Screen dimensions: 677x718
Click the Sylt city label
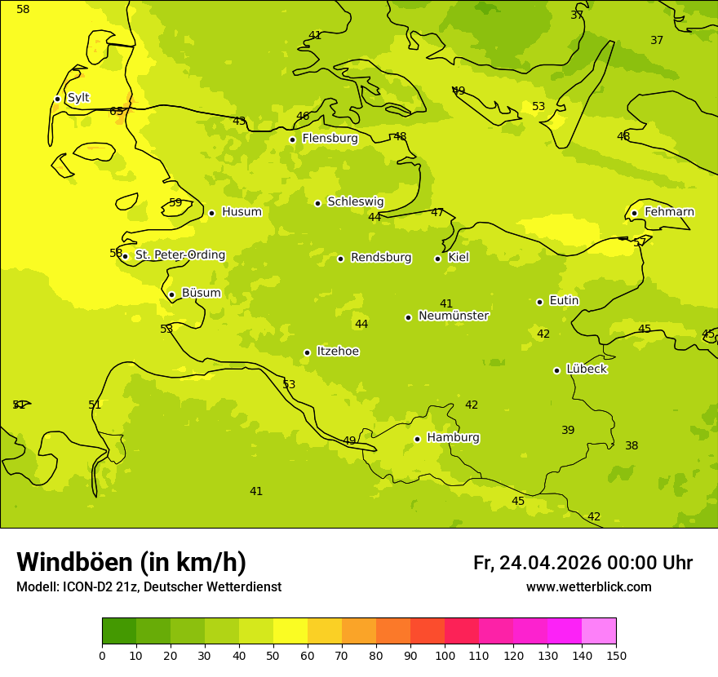(x=78, y=98)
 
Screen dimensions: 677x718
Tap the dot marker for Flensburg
(x=292, y=139)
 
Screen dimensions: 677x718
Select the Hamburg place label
(x=453, y=438)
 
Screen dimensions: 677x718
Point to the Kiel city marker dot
(x=437, y=259)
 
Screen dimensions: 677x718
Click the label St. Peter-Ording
(x=179, y=255)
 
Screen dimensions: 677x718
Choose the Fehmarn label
(x=669, y=212)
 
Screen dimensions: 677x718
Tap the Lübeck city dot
(x=556, y=370)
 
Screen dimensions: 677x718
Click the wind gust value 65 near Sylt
(x=117, y=112)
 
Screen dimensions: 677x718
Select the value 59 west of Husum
(x=175, y=202)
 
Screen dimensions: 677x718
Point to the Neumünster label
(x=453, y=316)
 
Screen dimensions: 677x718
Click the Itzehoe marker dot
(x=307, y=352)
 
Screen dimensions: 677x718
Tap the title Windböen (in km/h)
(x=131, y=562)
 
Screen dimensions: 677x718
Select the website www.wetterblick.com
(x=588, y=587)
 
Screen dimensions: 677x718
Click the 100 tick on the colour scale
(x=445, y=655)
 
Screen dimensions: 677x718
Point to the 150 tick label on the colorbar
(x=616, y=655)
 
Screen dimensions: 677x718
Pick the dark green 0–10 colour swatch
(x=119, y=631)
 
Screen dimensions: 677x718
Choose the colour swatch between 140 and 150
(x=599, y=631)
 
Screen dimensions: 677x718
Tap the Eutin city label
(x=564, y=301)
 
